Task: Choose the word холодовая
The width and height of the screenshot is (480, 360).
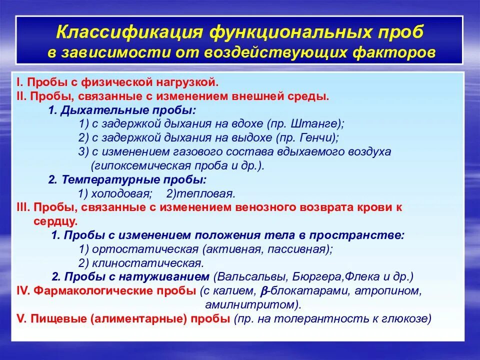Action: point(120,193)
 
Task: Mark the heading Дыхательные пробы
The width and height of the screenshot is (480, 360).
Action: point(128,110)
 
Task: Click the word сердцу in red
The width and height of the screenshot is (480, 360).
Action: point(55,220)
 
